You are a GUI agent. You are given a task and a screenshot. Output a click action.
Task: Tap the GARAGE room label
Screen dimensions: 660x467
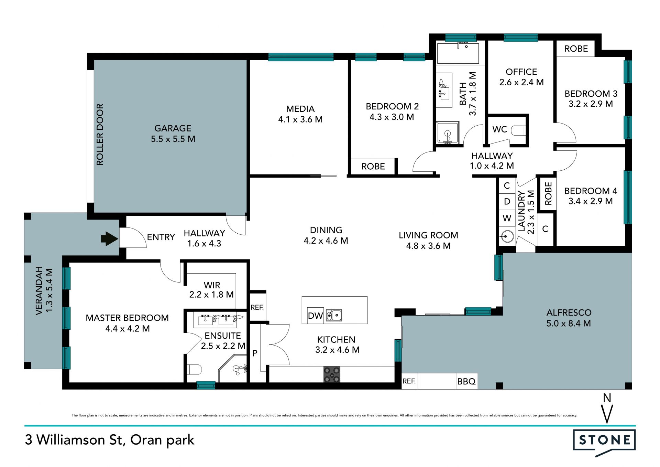[x=173, y=128]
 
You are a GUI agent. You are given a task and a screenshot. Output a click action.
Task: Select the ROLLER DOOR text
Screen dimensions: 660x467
[x=100, y=135]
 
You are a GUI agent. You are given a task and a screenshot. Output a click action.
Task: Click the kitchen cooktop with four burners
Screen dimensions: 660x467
[x=332, y=374]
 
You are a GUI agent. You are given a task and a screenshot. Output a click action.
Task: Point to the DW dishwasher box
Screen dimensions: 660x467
[x=315, y=316]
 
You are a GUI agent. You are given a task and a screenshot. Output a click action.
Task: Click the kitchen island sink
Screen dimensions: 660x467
[x=334, y=315]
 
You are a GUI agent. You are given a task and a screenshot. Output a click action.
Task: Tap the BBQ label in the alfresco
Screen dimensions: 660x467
[x=466, y=381]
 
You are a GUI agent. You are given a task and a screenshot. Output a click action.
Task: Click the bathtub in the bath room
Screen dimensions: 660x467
[x=458, y=53]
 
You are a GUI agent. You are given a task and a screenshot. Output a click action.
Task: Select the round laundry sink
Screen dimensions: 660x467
[x=507, y=236]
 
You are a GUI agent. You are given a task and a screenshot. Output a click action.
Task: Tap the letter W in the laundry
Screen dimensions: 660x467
[x=507, y=218]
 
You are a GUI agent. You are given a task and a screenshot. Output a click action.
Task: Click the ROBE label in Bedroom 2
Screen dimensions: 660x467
[x=373, y=167]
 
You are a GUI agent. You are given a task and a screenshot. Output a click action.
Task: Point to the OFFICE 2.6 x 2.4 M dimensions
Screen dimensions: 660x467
[x=521, y=82]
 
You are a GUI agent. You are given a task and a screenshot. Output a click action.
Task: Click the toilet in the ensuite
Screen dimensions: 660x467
[x=195, y=369]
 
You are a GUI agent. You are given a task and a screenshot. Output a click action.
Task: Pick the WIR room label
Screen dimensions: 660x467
[x=212, y=285]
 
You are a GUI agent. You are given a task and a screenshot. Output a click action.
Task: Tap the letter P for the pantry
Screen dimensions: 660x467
[x=255, y=353]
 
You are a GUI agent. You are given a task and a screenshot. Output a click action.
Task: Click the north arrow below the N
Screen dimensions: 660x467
[x=607, y=414]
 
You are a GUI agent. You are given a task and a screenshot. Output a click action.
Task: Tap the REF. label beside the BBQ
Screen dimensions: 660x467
[x=409, y=381]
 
